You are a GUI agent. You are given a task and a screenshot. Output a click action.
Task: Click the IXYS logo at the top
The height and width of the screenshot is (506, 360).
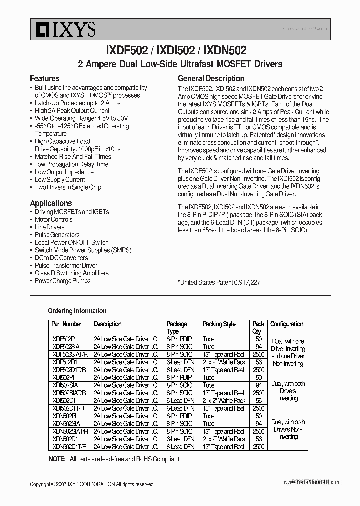[63, 30]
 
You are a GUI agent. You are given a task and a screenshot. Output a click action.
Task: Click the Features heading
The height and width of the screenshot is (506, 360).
[44, 78]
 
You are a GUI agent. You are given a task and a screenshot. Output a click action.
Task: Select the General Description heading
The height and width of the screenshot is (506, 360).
[211, 78]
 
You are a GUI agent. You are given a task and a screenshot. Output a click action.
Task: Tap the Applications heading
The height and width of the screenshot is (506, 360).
[51, 203]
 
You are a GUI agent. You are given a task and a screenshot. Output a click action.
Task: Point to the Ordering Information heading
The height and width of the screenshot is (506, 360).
[77, 311]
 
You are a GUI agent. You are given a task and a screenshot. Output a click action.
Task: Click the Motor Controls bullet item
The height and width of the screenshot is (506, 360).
[54, 219]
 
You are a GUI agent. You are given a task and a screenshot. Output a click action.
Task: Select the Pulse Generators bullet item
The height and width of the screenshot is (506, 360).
[57, 235]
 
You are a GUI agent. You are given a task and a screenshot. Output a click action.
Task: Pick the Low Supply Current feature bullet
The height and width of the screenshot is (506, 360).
[60, 180]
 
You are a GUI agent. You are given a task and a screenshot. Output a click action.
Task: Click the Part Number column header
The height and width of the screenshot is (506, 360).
[66, 324]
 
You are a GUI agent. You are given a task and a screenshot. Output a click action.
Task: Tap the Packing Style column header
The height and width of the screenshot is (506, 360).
[219, 324]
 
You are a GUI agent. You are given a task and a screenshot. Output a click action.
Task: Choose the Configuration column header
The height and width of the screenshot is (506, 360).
[287, 324]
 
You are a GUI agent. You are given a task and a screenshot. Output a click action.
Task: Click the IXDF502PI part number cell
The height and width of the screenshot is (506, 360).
[63, 339]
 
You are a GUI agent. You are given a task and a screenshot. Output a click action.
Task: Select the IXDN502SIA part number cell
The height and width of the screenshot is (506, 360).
[65, 423]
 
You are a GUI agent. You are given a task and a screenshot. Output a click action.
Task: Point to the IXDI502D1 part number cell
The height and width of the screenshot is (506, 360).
[63, 400]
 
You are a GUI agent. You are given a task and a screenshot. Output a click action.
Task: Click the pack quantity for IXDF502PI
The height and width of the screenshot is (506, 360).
[258, 339]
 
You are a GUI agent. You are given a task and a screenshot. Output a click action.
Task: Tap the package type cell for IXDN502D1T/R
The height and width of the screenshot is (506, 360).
[180, 447]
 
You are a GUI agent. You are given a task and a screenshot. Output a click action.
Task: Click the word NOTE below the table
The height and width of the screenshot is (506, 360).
[57, 459]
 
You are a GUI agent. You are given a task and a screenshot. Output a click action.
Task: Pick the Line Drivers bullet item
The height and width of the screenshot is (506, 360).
[50, 227]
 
